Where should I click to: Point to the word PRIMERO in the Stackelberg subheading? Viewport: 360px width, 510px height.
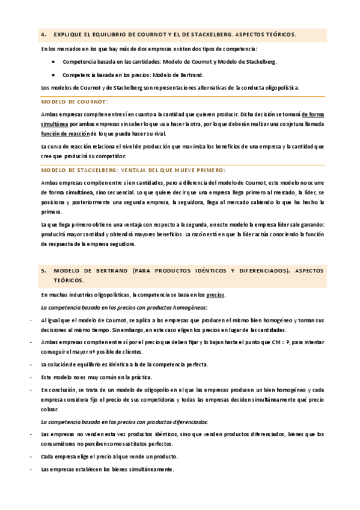pyautogui.click(x=207, y=170)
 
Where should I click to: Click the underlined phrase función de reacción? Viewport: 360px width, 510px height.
pyautogui.click(x=64, y=134)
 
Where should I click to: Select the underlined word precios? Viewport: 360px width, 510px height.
pyautogui.click(x=215, y=295)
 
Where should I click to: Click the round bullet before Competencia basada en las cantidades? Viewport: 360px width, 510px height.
pyautogui.click(x=54, y=62)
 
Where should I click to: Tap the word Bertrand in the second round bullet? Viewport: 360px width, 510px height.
pyautogui.click(x=191, y=75)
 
